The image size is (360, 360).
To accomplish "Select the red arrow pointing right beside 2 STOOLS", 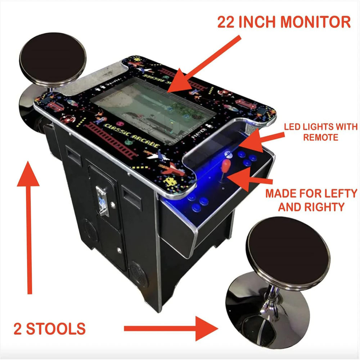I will click(x=169, y=328).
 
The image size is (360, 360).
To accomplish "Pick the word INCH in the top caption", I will click(x=260, y=22).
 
